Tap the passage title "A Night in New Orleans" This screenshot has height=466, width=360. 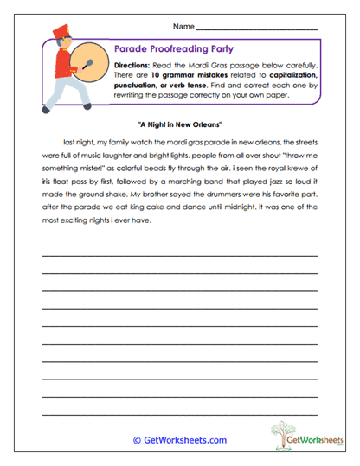(x=180, y=124)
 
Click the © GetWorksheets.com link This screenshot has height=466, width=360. (x=180, y=440)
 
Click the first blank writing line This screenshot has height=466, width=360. (x=180, y=255)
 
